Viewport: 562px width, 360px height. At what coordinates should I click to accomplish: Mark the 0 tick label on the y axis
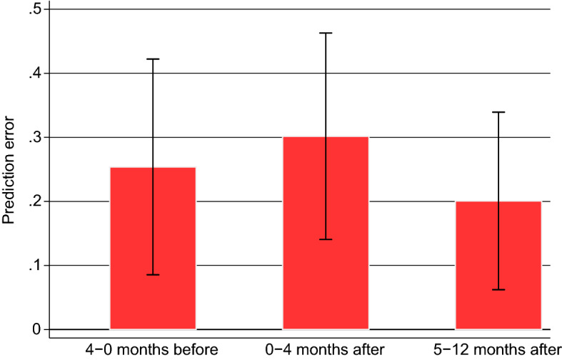[36, 329]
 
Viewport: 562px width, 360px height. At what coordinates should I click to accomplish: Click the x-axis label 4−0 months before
[153, 349]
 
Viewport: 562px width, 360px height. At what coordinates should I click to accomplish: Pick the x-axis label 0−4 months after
[326, 349]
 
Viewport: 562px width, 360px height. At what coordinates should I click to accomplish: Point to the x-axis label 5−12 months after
[498, 349]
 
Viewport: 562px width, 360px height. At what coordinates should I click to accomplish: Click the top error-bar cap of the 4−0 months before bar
[153, 59]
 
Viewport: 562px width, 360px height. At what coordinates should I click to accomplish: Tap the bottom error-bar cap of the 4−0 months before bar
[153, 275]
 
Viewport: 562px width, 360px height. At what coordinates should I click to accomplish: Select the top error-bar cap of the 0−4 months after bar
[326, 33]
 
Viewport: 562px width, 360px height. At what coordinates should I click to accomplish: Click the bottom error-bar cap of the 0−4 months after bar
[326, 239]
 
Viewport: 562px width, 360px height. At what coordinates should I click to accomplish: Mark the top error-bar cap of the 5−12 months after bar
[498, 112]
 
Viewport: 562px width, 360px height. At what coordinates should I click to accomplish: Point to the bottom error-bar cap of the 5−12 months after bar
[498, 290]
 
